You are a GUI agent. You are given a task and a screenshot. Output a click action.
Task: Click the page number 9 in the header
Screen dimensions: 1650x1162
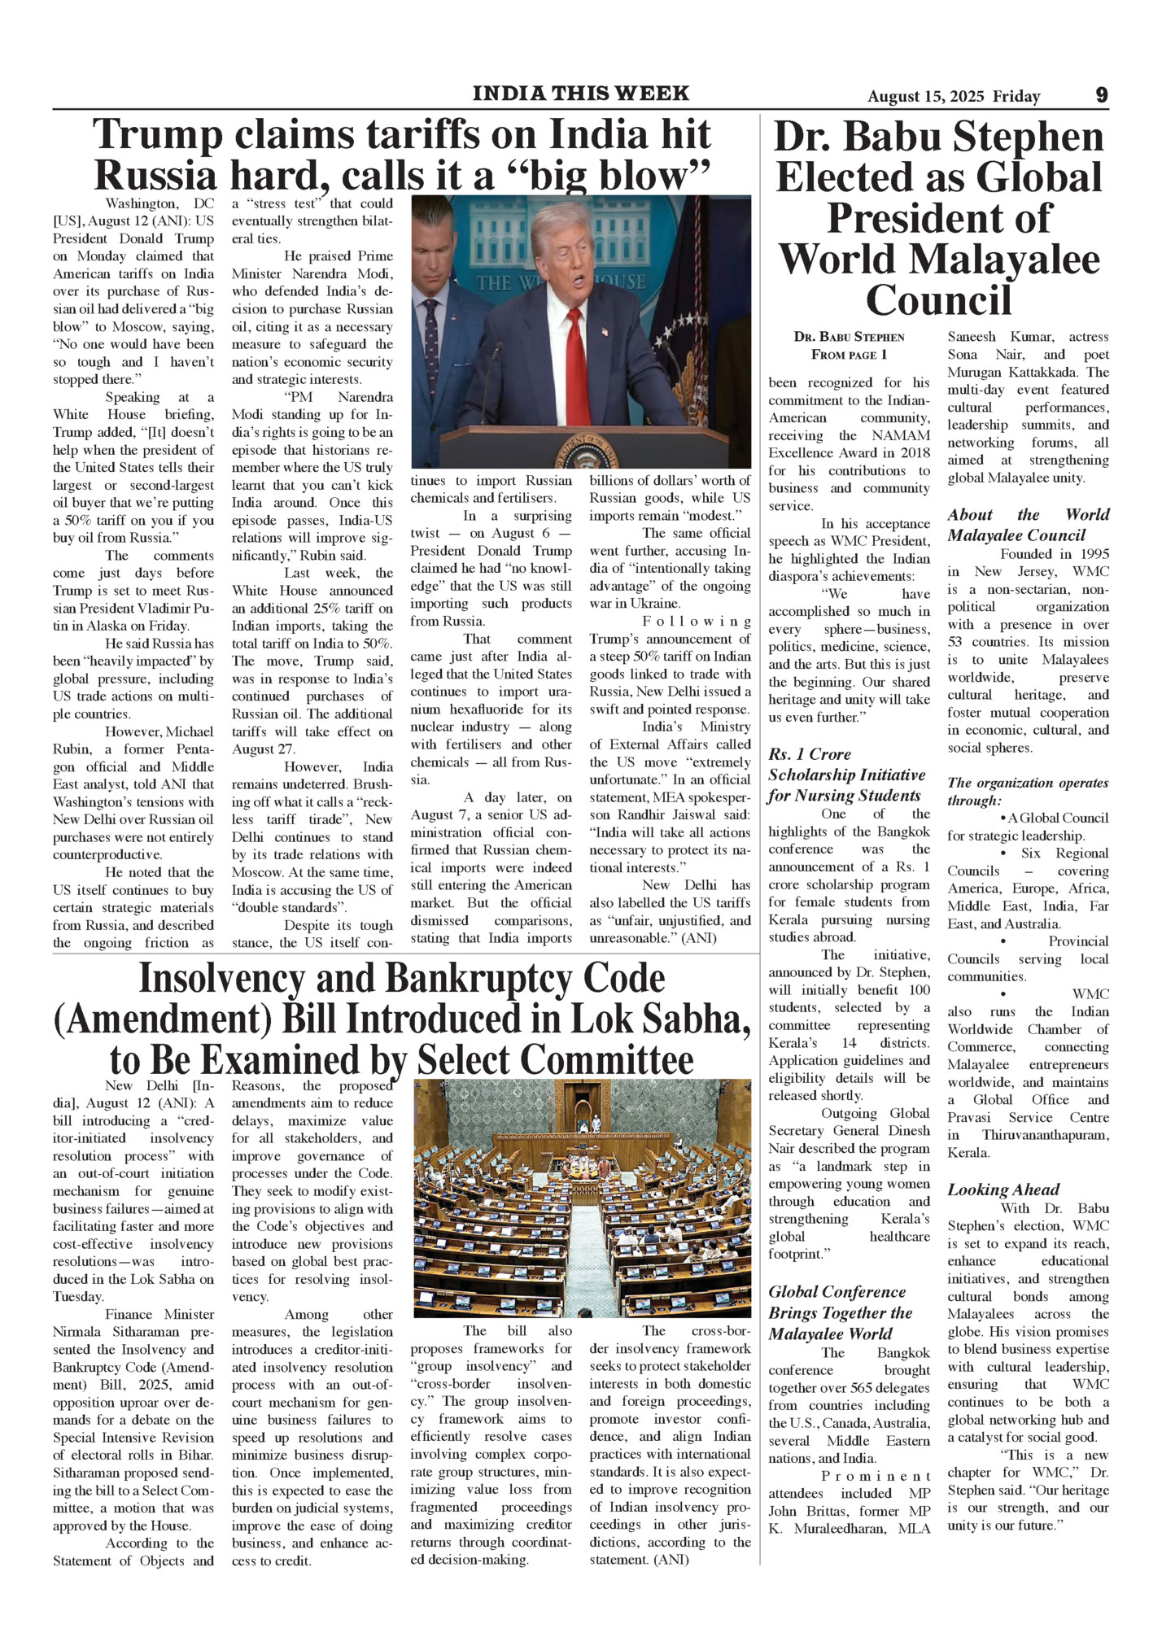click(1101, 95)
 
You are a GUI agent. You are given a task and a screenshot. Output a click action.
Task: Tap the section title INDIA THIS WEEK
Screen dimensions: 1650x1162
click(580, 94)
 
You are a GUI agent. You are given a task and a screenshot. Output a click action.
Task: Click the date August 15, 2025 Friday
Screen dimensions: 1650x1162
click(953, 97)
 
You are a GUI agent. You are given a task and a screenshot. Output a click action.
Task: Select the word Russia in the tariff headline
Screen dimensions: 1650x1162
click(155, 176)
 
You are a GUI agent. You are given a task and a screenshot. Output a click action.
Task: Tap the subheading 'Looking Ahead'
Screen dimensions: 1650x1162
click(1003, 1189)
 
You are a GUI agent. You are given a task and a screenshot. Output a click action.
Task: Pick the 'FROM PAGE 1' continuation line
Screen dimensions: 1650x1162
click(849, 355)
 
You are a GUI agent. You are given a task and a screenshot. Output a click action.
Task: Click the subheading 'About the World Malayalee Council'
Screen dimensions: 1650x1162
click(1027, 525)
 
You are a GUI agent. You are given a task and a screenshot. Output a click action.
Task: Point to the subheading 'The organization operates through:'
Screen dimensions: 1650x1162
click(1027, 792)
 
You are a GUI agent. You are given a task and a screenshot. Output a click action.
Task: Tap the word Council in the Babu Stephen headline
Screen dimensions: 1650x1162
click(938, 300)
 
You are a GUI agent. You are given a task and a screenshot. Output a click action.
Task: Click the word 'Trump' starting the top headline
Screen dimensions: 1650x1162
click(157, 135)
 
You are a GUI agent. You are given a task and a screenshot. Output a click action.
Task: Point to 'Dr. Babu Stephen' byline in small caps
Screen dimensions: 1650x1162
click(849, 337)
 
